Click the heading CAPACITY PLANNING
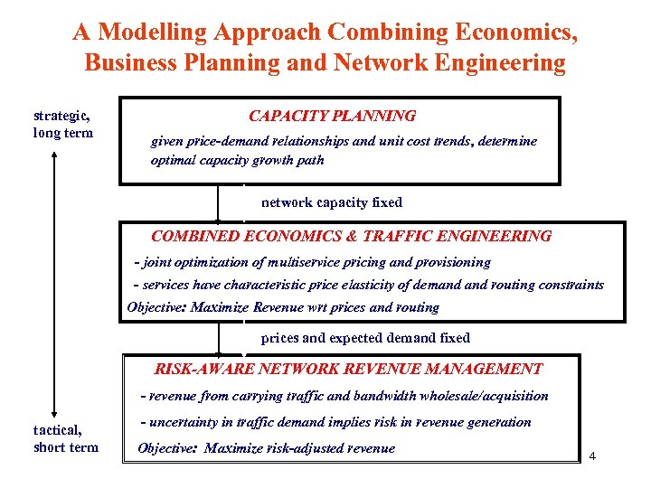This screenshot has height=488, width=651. point(332,116)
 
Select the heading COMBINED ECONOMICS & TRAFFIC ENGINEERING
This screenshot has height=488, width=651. point(351,236)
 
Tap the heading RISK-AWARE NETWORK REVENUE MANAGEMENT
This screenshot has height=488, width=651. point(348,369)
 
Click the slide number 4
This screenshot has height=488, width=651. point(592,455)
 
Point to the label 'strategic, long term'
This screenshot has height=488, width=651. point(62,125)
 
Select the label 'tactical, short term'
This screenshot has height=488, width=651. point(65,438)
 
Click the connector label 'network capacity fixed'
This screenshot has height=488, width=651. point(331,202)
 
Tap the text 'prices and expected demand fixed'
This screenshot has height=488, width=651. point(365,338)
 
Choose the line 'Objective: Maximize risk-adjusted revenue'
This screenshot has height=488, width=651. point(266,448)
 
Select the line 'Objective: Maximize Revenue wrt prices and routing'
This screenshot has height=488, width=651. point(283,307)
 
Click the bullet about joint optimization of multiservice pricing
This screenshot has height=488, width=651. point(312,262)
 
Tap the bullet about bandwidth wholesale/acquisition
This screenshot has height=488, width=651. point(344,396)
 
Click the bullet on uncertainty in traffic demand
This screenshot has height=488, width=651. point(335,422)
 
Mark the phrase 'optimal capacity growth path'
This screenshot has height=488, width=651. point(237,161)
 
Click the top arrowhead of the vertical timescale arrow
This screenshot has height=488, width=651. point(55,153)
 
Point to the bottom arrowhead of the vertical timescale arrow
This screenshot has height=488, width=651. point(55,414)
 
